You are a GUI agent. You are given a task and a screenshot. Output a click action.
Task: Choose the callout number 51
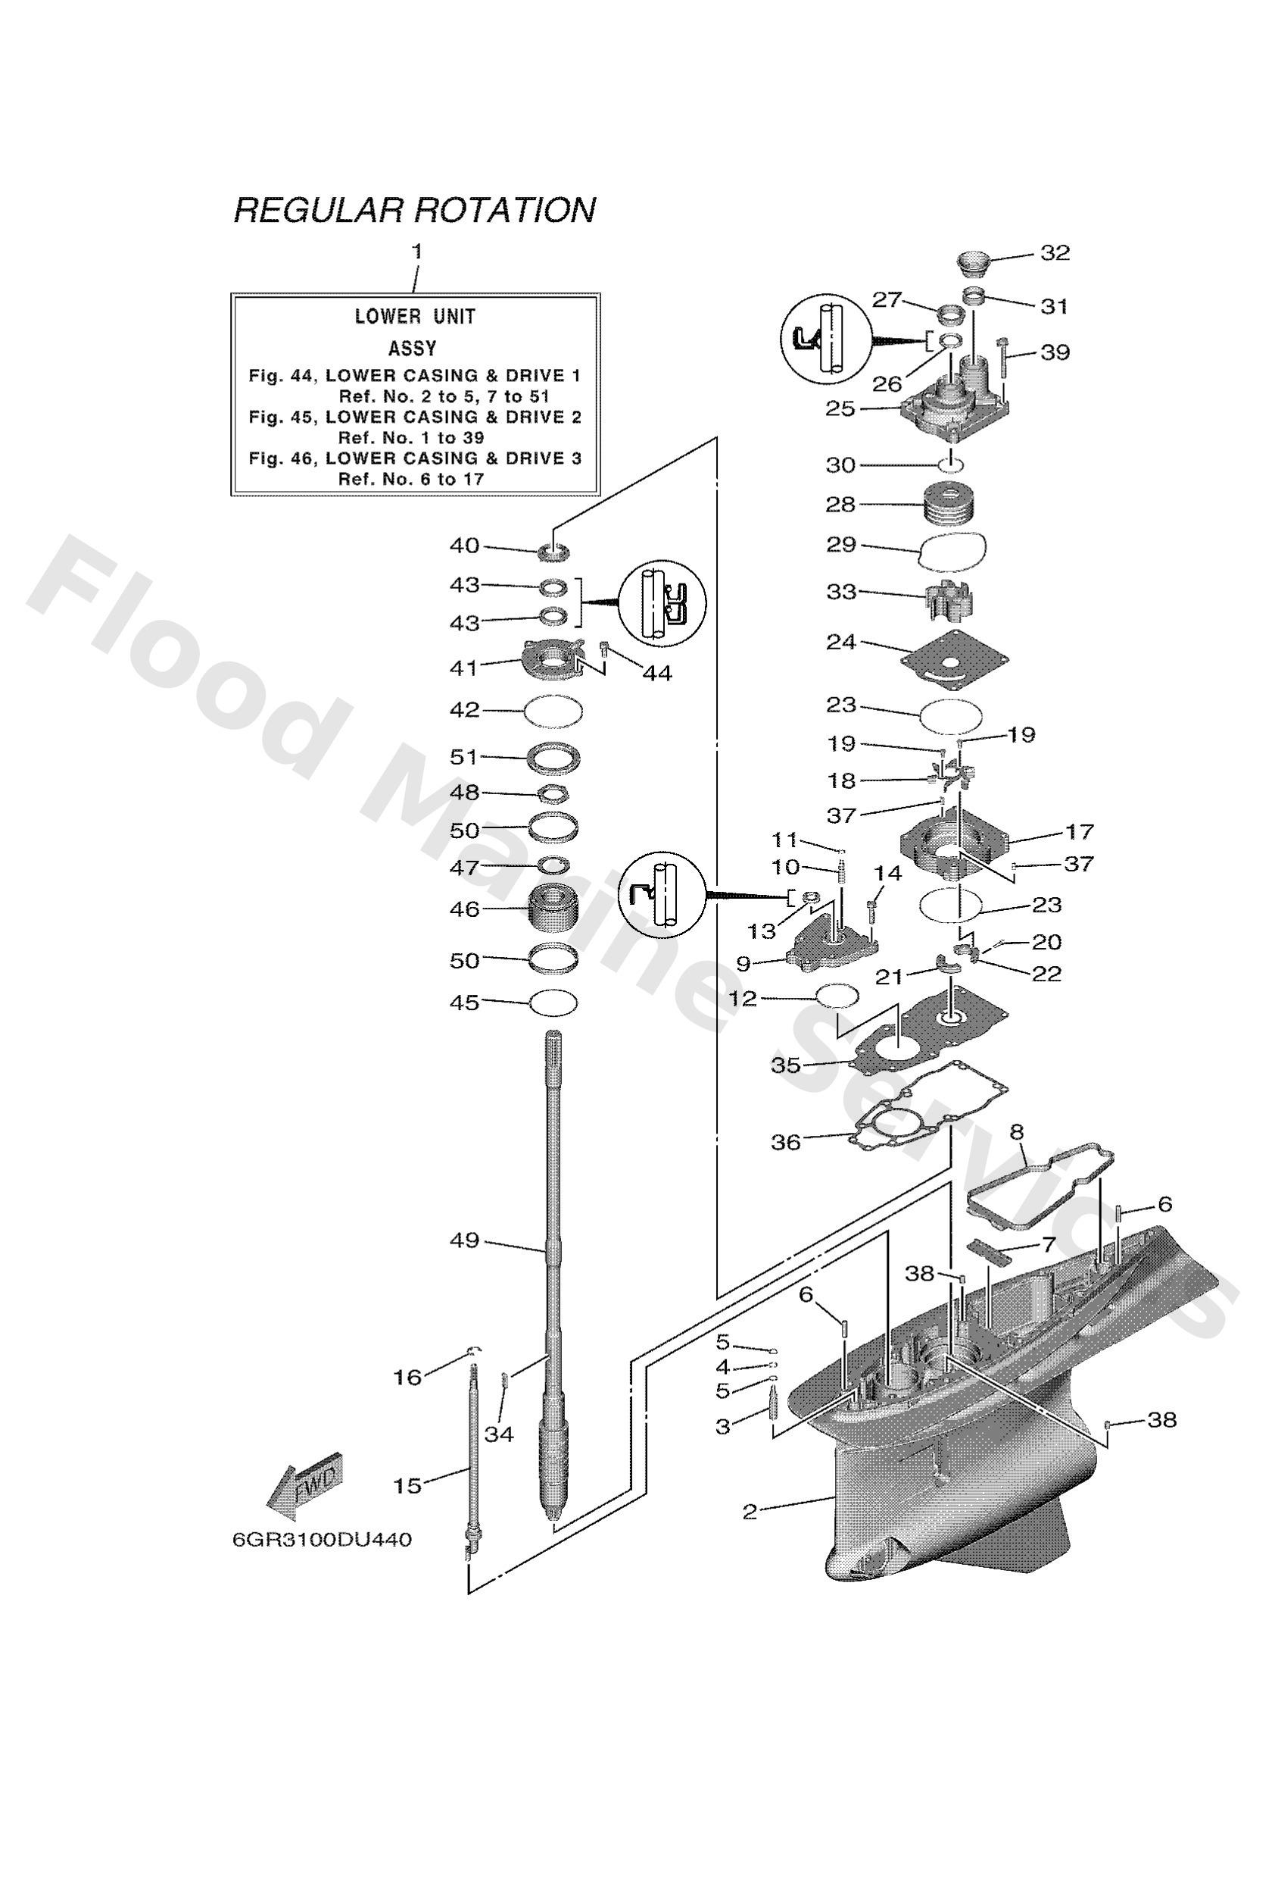pyautogui.click(x=464, y=756)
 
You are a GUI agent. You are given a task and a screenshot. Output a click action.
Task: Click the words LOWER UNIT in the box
pyautogui.click(x=415, y=316)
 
